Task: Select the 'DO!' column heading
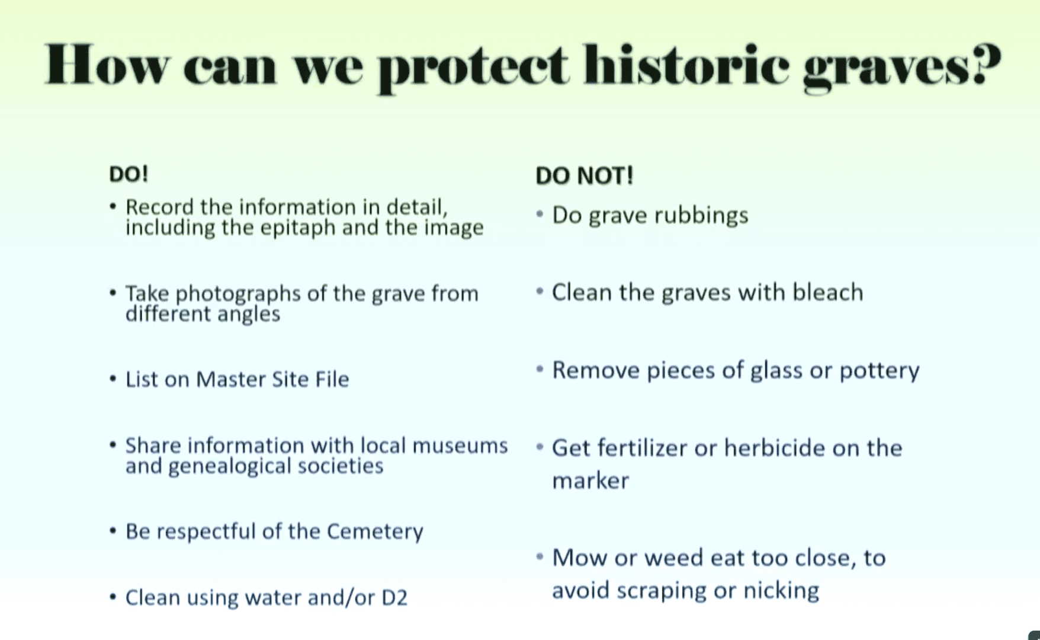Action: tap(129, 174)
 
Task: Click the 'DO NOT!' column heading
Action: tap(585, 175)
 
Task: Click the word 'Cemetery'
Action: tap(375, 532)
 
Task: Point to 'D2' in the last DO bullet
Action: tap(394, 597)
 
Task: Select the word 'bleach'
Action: tap(828, 292)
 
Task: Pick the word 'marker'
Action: tap(590, 481)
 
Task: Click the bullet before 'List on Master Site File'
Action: tap(113, 378)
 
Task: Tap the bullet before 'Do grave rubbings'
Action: tap(540, 214)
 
